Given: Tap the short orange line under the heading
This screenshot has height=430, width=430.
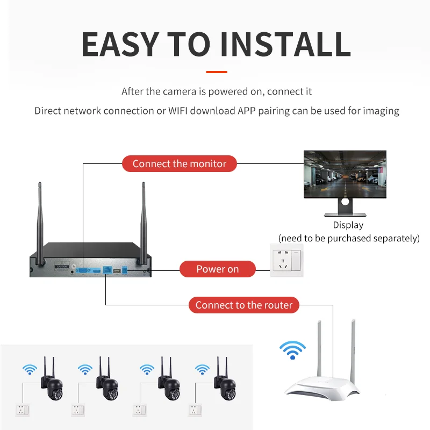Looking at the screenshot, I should [x=217, y=71].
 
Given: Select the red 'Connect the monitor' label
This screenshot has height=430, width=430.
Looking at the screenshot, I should [x=180, y=164].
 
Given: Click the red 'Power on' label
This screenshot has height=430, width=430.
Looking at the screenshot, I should [x=217, y=269].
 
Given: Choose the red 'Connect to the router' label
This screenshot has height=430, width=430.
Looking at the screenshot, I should [x=243, y=305].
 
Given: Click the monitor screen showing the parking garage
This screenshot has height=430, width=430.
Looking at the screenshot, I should [x=345, y=175].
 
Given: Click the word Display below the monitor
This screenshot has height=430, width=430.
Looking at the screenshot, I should [x=348, y=225].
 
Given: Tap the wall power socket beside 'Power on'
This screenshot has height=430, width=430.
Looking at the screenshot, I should [x=286, y=261].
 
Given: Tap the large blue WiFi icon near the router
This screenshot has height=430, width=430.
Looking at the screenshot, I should [x=292, y=350].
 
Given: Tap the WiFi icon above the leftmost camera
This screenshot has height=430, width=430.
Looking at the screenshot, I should [x=30, y=369].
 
